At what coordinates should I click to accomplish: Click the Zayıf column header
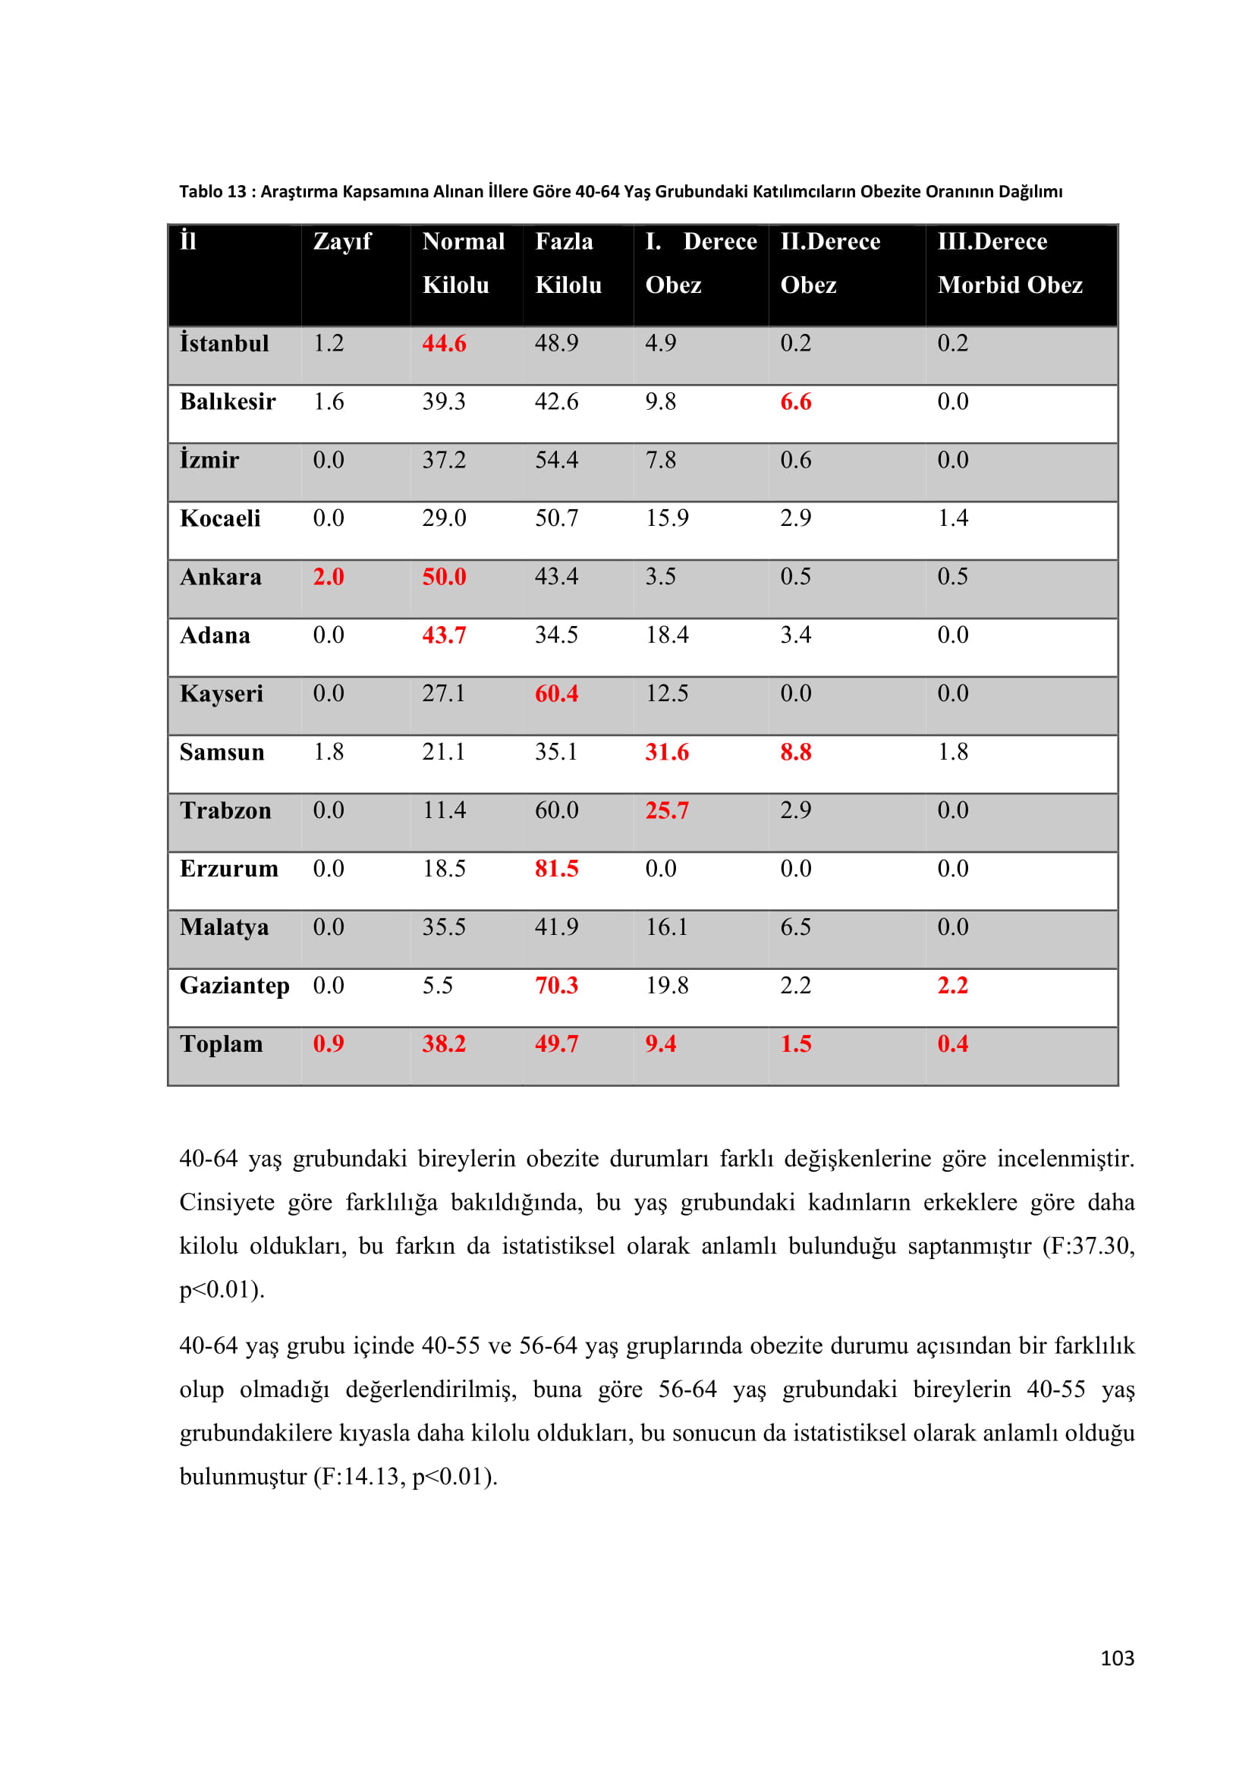(341, 242)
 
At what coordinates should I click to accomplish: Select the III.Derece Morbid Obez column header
(1009, 263)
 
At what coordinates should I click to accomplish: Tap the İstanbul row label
(224, 343)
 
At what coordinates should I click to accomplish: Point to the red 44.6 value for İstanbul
(444, 343)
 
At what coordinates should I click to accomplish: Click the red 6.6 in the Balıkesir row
(795, 402)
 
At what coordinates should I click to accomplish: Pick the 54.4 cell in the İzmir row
(556, 460)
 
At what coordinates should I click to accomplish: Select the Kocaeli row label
(220, 519)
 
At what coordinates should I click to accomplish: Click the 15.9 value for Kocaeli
(667, 518)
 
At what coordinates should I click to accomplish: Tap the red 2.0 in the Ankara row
(328, 577)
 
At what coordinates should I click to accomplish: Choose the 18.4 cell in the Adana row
(667, 634)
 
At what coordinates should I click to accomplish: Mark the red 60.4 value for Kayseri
(556, 694)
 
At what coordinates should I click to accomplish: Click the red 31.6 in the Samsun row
(667, 752)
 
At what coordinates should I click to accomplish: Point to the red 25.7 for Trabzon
(667, 810)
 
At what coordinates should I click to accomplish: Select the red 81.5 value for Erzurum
(556, 869)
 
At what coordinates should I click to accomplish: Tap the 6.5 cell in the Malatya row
(795, 927)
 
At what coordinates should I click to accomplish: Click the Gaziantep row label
(234, 986)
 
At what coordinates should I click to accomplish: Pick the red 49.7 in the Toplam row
(556, 1044)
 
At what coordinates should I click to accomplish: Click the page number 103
(1117, 1658)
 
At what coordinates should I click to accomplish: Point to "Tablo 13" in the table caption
(212, 192)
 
